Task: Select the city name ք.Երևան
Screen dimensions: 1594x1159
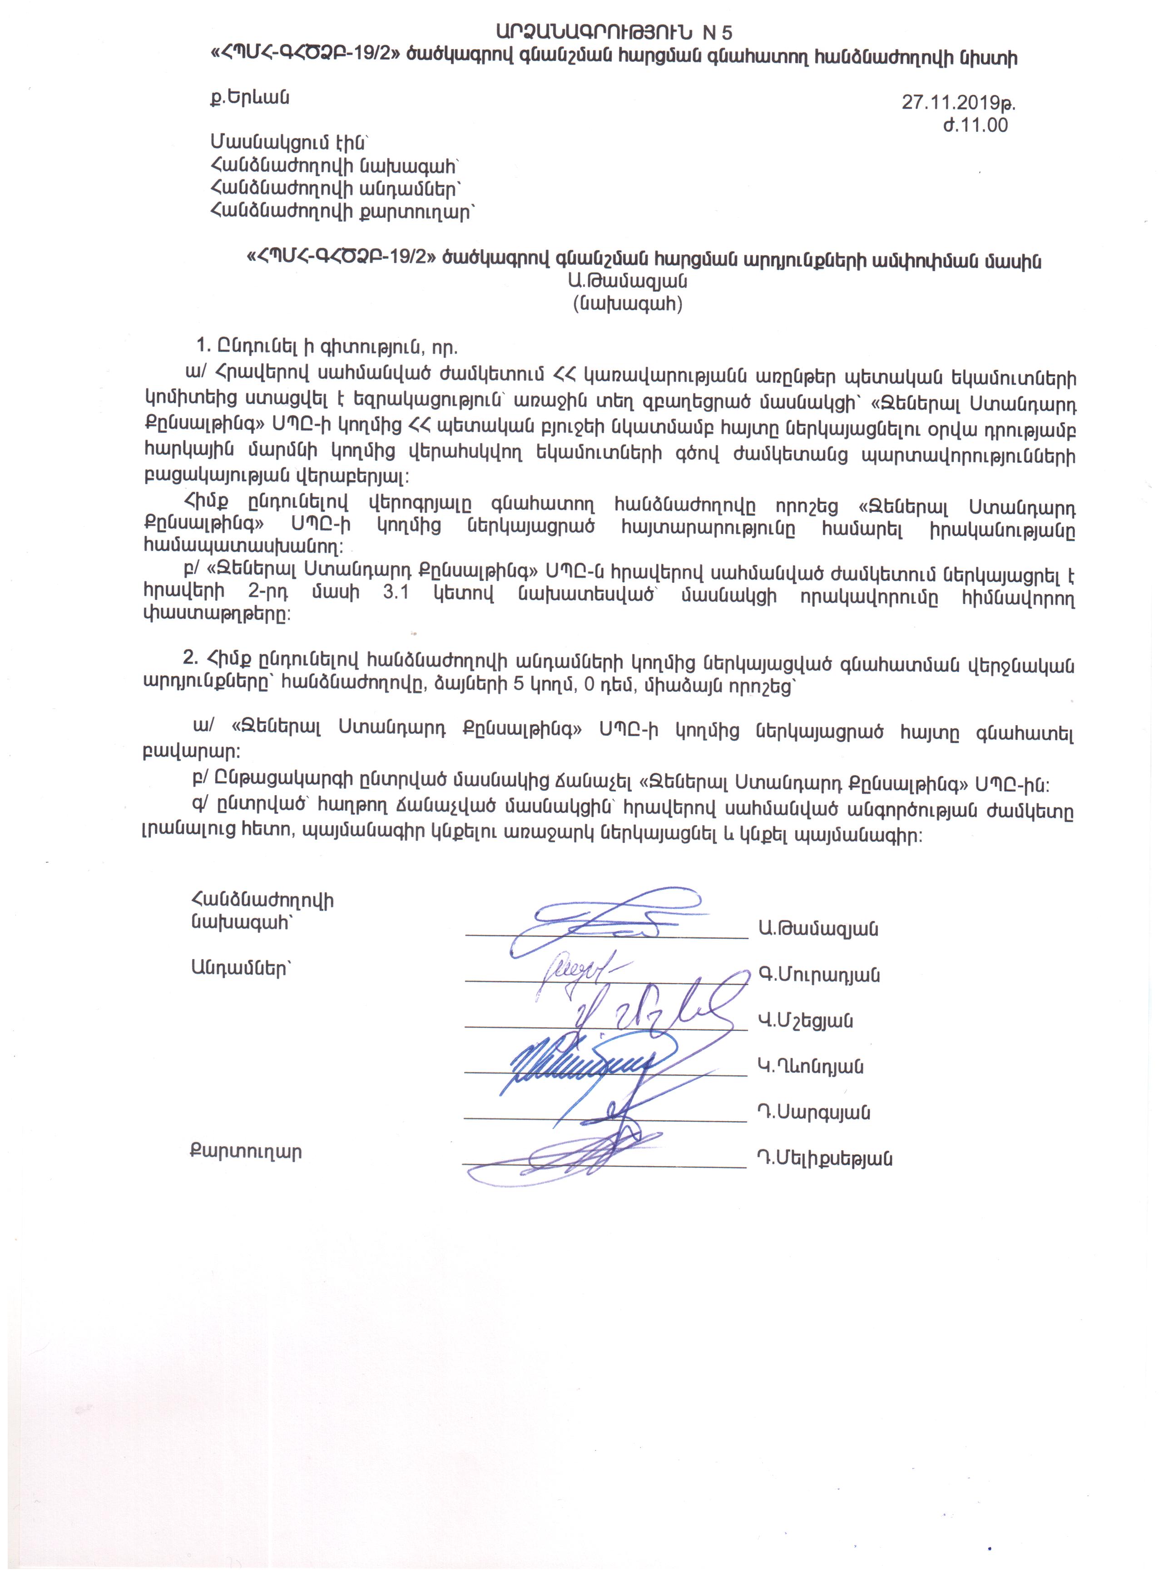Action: coord(249,98)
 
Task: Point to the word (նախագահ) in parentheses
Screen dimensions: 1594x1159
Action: coord(629,304)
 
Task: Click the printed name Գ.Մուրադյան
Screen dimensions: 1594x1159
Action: coord(819,975)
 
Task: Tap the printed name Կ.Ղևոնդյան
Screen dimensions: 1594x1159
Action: coord(810,1067)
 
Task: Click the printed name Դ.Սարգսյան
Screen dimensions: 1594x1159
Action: coord(814,1113)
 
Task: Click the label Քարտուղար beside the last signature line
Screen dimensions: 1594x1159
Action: coord(246,1153)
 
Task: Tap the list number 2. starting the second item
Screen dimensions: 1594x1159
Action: coord(190,657)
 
